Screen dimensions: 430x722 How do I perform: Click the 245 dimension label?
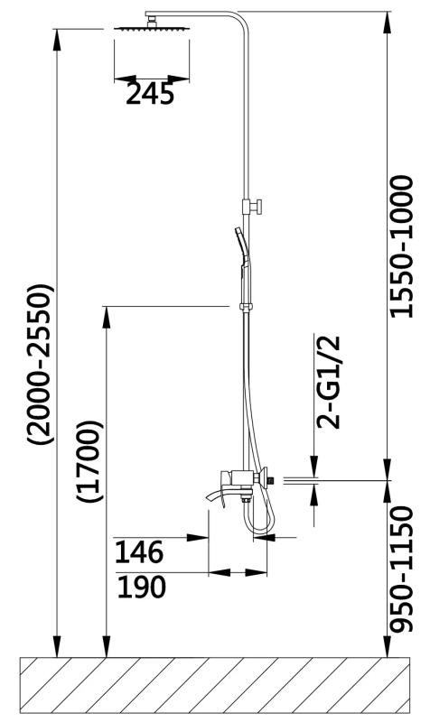click(150, 94)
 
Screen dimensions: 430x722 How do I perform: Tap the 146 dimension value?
click(139, 552)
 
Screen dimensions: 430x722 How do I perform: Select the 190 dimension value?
click(141, 588)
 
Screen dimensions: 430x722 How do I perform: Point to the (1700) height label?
click(90, 461)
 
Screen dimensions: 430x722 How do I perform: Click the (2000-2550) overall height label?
click(41, 365)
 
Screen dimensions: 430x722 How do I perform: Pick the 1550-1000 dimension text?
click(401, 246)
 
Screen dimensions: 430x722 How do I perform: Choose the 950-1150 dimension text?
click(400, 569)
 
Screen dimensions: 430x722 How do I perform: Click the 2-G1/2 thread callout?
click(328, 382)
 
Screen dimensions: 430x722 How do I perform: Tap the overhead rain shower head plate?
click(152, 29)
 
